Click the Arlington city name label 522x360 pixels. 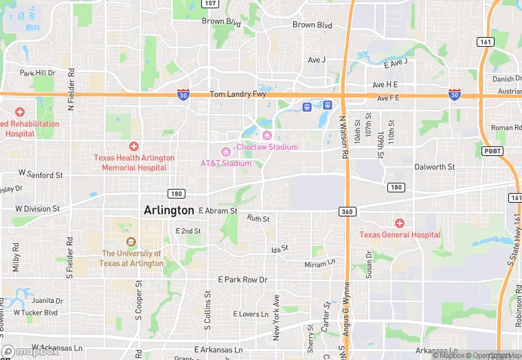pos(169,210)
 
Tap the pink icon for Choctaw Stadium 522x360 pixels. pos(267,135)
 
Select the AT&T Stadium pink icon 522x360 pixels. pos(225,151)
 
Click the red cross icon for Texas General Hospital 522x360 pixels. pos(400,223)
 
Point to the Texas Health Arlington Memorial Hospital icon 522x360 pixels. pos(134,146)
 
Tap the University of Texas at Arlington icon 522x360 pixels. pos(130,241)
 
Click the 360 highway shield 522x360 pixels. pos(347,212)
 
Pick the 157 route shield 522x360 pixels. pos(211,4)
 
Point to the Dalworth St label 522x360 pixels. pos(434,167)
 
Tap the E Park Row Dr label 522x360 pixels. pos(242,280)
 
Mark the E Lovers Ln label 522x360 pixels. pos(251,314)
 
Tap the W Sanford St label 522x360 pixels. pos(40,175)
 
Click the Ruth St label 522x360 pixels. pos(258,218)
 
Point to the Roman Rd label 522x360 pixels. pos(506,128)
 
